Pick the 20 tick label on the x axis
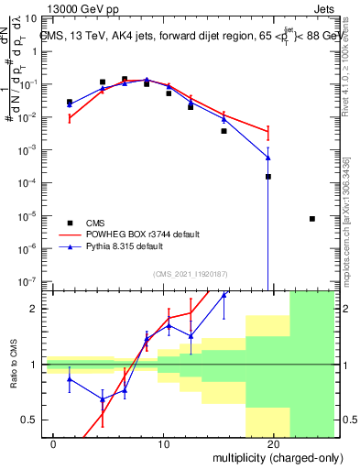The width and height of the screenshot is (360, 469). tap(273, 443)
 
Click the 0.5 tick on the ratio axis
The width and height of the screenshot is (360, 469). tap(32, 420)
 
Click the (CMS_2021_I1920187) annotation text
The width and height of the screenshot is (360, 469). tap(189, 273)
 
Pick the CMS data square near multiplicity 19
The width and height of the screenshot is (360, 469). tap(268, 177)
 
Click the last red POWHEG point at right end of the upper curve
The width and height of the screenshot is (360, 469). tap(267, 133)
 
